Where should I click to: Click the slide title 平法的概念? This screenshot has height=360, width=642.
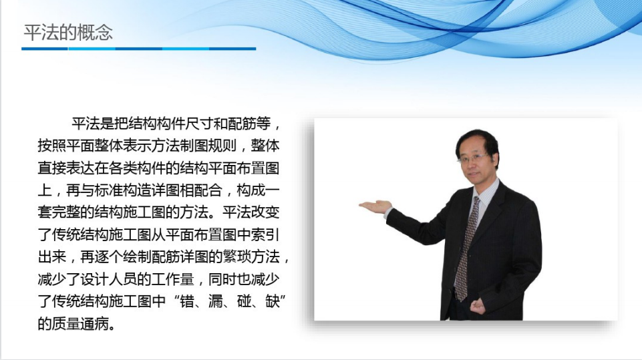pos(68,33)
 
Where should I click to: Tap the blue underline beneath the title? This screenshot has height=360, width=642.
pos(139,49)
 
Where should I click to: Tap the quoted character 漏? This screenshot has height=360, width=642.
pos(215,301)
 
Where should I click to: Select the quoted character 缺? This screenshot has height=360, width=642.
pos(271,301)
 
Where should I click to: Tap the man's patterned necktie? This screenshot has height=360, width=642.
pos(466,248)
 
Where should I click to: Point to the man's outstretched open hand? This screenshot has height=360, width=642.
pos(375,206)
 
